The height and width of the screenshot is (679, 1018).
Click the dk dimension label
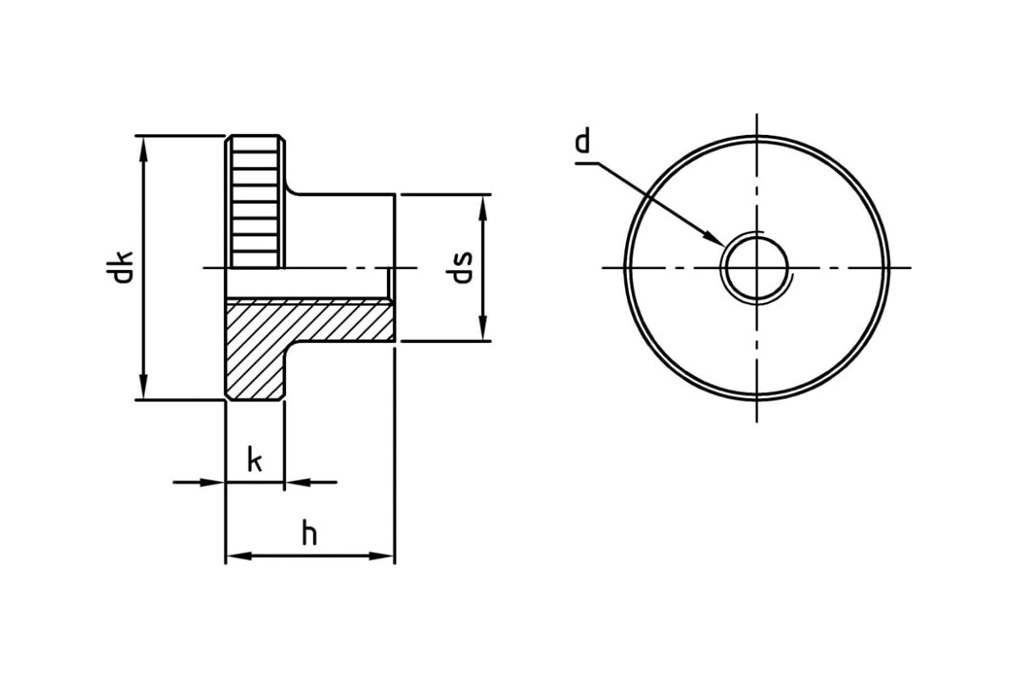(x=119, y=267)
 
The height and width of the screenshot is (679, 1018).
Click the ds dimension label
(x=460, y=267)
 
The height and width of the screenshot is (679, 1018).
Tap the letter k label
(x=255, y=459)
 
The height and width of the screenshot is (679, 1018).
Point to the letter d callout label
(x=582, y=140)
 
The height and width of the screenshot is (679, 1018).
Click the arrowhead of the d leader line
(x=713, y=238)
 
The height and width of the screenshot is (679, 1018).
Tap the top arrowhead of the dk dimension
(x=143, y=149)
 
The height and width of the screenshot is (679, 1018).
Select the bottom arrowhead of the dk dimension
(x=143, y=386)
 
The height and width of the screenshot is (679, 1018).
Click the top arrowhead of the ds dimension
(x=483, y=208)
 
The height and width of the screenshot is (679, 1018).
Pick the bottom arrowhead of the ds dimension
(x=483, y=328)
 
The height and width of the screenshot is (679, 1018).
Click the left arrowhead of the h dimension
(x=239, y=556)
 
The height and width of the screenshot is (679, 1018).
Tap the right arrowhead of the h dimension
(x=381, y=556)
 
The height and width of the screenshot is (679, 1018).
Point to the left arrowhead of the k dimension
(x=212, y=482)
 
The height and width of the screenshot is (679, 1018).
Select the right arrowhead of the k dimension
(x=298, y=482)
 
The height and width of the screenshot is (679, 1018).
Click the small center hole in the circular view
(x=757, y=268)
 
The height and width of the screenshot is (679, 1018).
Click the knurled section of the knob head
(x=255, y=201)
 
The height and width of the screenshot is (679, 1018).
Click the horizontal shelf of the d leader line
(x=587, y=163)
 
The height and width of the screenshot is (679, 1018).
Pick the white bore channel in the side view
(x=308, y=283)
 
